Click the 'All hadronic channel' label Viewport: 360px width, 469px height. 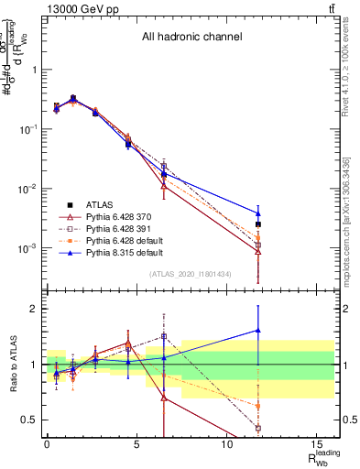(191, 38)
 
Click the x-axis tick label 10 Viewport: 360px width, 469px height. (225, 444)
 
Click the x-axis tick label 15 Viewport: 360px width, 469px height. (315, 444)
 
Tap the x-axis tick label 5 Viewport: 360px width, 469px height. (136, 444)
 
